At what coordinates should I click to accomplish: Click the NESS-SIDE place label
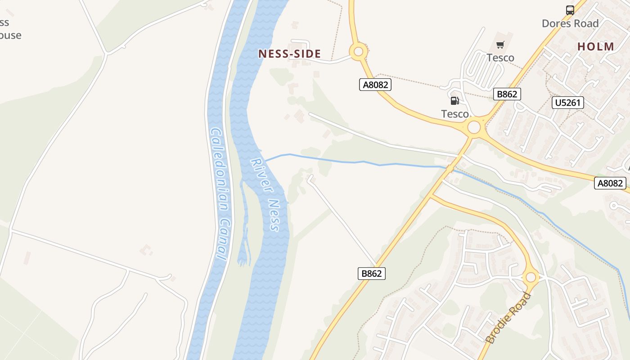pyautogui.click(x=289, y=54)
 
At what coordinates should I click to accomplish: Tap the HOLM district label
pyautogui.click(x=595, y=46)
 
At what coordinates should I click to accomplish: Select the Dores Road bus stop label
pyautogui.click(x=570, y=23)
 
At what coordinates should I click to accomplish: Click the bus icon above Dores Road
pyautogui.click(x=570, y=10)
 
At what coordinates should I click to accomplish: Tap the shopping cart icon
pyautogui.click(x=500, y=45)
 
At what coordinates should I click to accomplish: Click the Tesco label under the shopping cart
pyautogui.click(x=500, y=58)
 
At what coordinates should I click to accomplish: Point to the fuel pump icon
pyautogui.click(x=454, y=101)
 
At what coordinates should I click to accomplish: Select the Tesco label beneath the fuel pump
pyautogui.click(x=454, y=114)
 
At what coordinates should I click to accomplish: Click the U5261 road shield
pyautogui.click(x=567, y=103)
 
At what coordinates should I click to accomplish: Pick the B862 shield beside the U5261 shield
pyautogui.click(x=507, y=94)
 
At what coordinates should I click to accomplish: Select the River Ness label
pyautogui.click(x=265, y=194)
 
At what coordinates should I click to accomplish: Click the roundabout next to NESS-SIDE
pyautogui.click(x=358, y=52)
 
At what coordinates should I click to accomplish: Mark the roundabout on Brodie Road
pyautogui.click(x=531, y=277)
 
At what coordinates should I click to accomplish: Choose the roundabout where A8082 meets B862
pyautogui.click(x=474, y=127)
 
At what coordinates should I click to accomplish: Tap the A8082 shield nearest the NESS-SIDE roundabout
pyautogui.click(x=375, y=85)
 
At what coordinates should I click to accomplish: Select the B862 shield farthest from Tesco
pyautogui.click(x=372, y=273)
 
